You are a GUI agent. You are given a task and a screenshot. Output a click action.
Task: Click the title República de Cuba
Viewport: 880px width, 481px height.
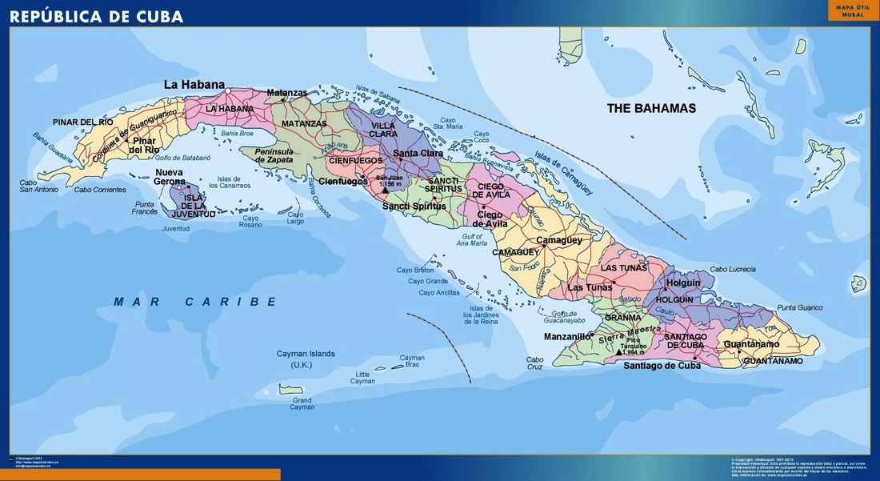pyautogui.click(x=96, y=16)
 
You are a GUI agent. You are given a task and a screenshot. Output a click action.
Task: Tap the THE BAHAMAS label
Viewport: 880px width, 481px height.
pyautogui.click(x=651, y=108)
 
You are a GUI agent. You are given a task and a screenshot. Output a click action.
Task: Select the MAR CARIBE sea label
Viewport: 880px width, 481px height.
pyautogui.click(x=195, y=302)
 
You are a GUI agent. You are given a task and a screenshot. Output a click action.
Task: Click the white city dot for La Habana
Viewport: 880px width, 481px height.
pyautogui.click(x=228, y=90)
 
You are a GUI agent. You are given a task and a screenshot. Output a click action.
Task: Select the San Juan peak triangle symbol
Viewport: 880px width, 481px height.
pyautogui.click(x=386, y=190)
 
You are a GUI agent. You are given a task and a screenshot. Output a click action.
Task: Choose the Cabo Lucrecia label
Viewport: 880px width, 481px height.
pyautogui.click(x=732, y=270)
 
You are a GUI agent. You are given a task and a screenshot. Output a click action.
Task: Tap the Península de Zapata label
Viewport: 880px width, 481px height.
pyautogui.click(x=274, y=155)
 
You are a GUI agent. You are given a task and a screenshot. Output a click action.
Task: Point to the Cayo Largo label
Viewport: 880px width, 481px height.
pyautogui.click(x=295, y=218)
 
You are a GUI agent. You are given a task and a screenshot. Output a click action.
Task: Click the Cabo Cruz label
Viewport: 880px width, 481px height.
pyautogui.click(x=534, y=363)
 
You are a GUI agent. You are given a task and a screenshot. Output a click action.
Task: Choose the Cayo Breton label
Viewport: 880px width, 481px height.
pyautogui.click(x=415, y=270)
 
